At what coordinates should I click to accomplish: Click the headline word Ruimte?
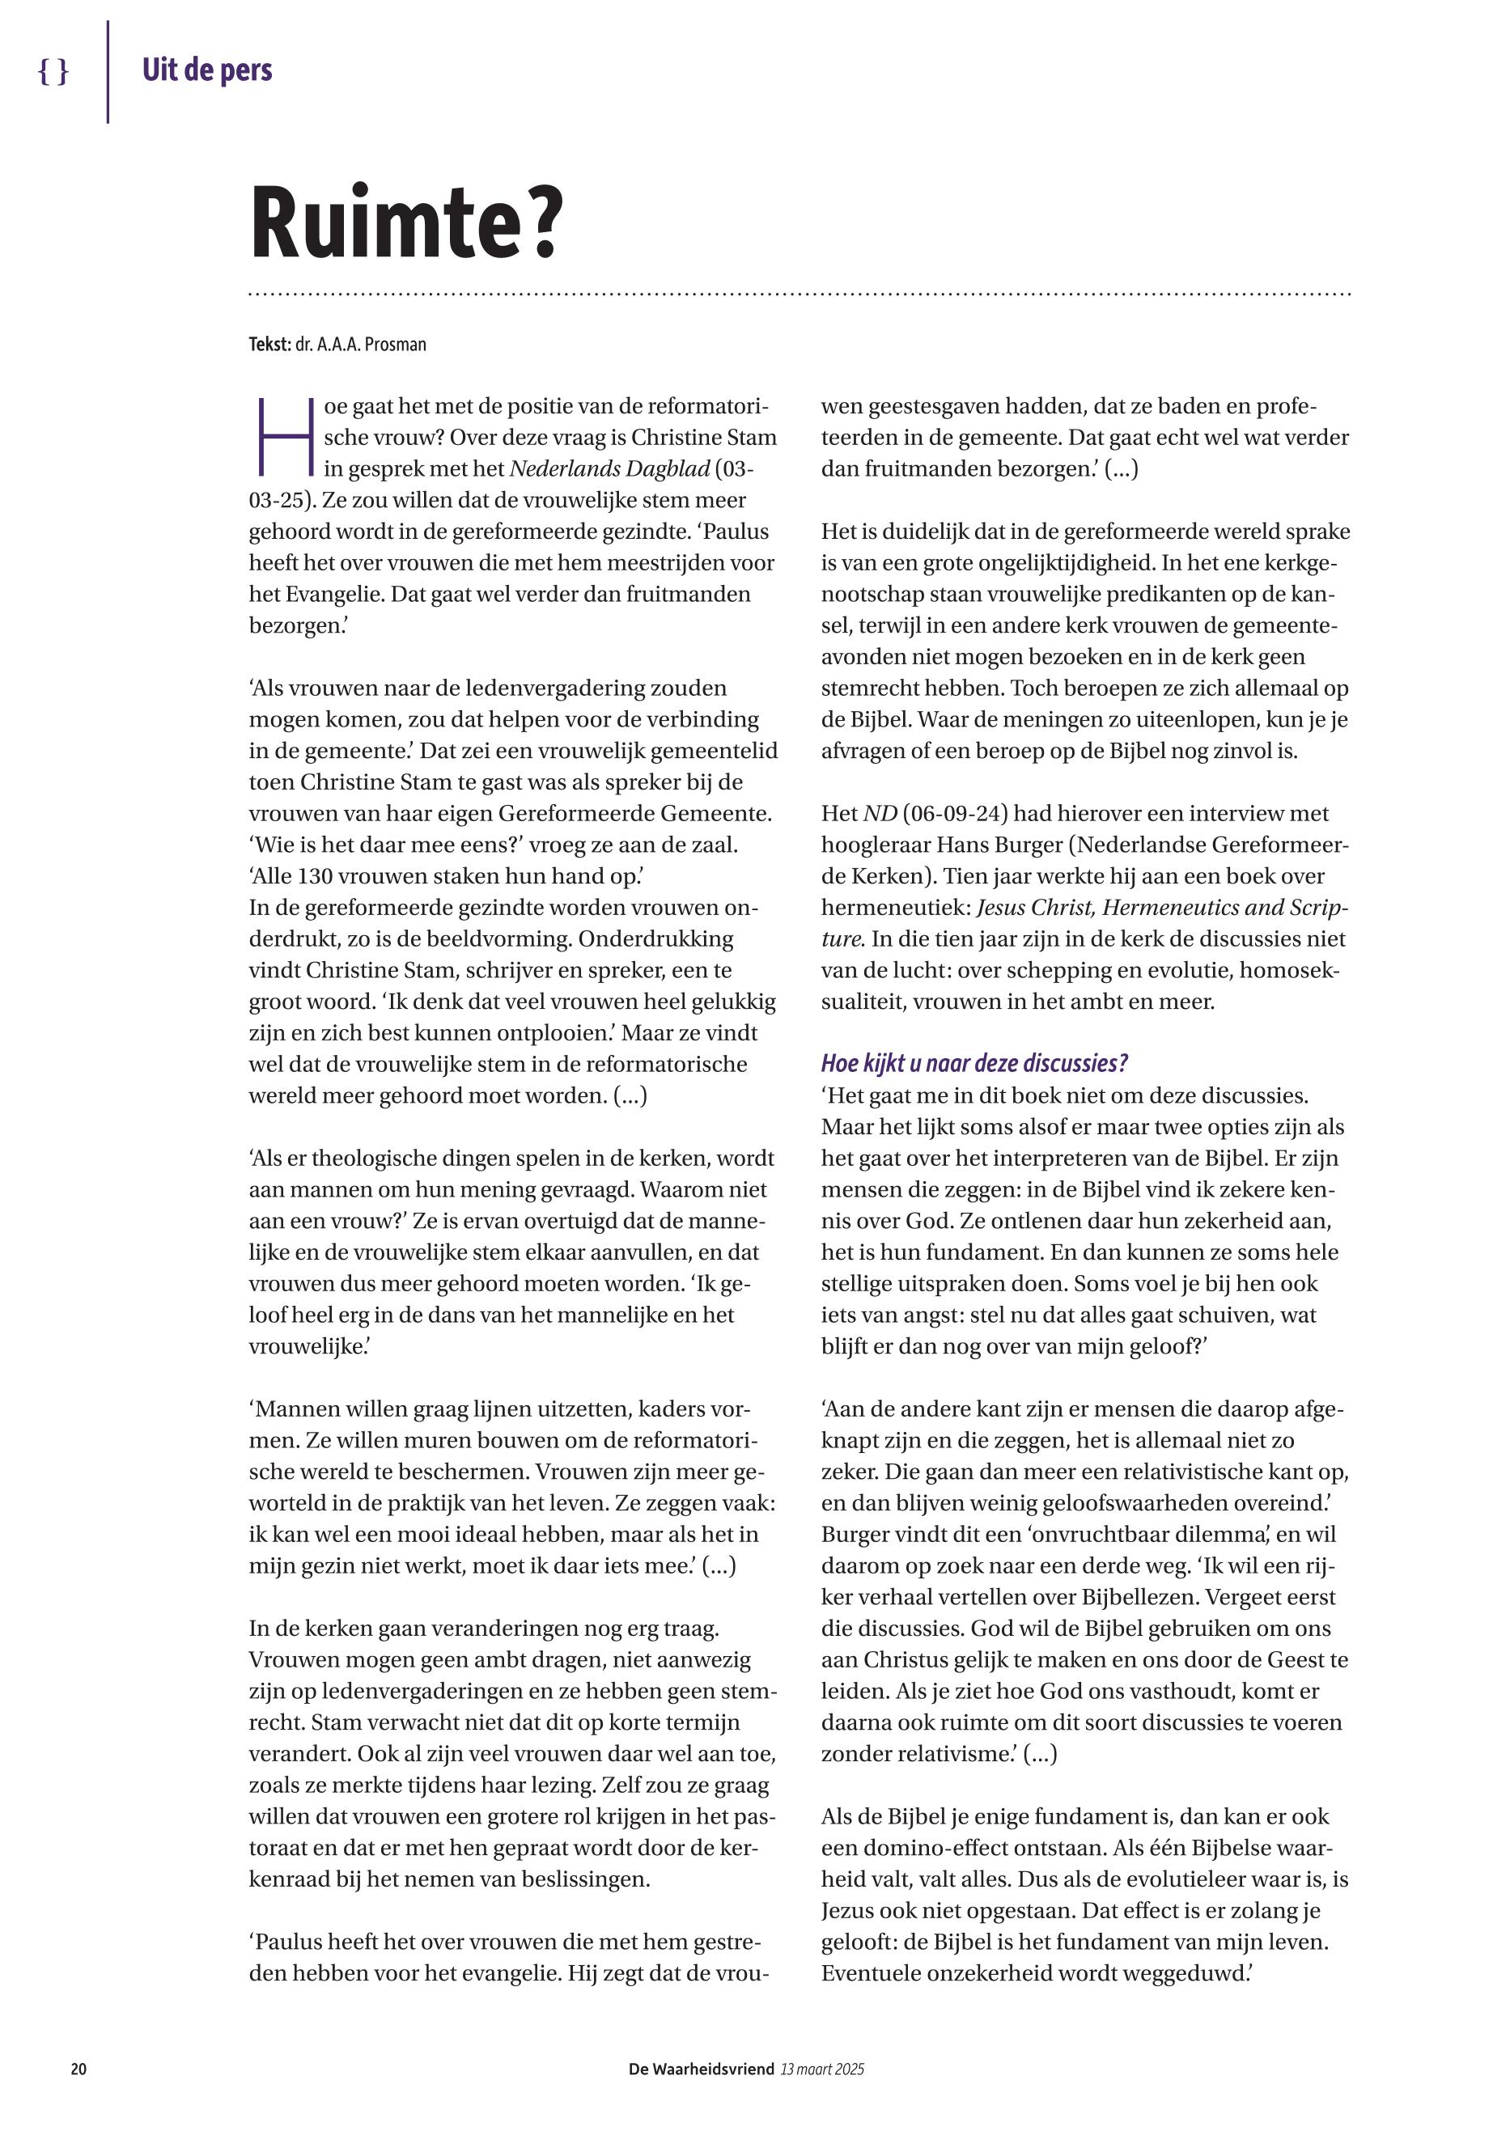point(407,224)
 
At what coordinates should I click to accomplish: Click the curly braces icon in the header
point(53,71)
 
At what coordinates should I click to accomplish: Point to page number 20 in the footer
point(78,2069)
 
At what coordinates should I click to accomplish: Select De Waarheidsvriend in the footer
point(701,2069)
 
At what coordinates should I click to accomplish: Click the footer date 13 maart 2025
point(822,2069)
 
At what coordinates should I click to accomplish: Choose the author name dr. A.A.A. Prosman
point(360,344)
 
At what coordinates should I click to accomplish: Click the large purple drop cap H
point(284,437)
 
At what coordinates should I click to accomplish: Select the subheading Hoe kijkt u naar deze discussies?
point(973,1063)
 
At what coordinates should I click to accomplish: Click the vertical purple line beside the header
point(108,72)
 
